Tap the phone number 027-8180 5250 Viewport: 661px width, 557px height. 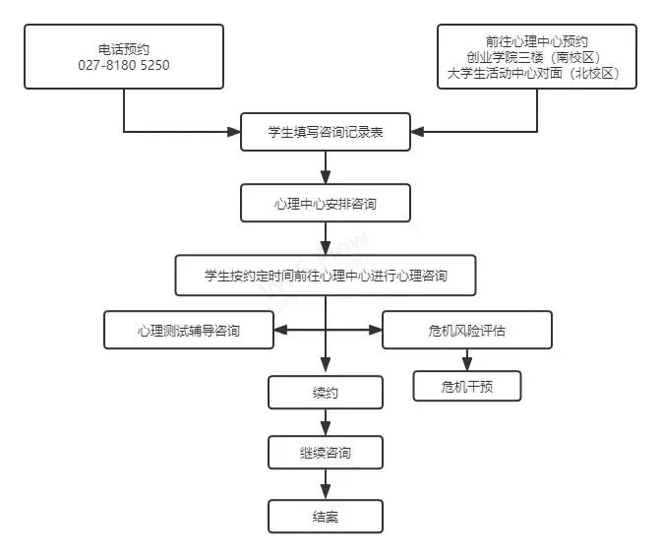point(124,65)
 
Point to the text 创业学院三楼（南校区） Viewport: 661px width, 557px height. point(537,56)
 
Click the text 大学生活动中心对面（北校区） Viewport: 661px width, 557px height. point(537,72)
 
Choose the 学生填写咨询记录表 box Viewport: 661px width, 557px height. point(326,131)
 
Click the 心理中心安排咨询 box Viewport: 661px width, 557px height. point(326,204)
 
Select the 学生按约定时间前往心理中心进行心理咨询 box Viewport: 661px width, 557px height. point(326,276)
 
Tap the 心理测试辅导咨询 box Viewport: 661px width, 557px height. point(188,330)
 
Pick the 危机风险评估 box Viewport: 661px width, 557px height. point(467,330)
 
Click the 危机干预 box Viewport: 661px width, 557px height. point(467,386)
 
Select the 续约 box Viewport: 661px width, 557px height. point(326,392)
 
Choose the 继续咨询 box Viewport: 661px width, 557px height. point(326,453)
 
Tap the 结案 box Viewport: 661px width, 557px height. point(326,516)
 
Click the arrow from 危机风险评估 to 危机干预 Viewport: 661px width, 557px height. point(467,359)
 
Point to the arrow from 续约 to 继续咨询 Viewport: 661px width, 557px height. point(326,422)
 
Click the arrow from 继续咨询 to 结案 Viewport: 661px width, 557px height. point(326,484)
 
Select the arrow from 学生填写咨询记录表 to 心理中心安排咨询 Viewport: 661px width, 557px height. point(326,167)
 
